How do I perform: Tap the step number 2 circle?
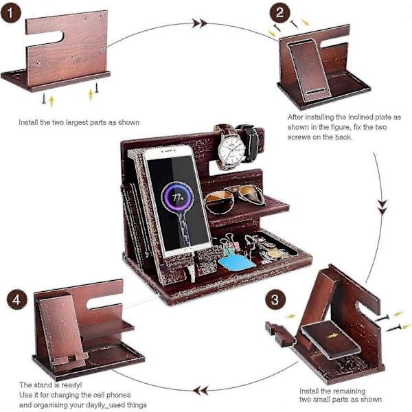pos(278,12)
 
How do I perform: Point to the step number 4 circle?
pos(16,300)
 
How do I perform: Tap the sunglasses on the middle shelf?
pos(233,198)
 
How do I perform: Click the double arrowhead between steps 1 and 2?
pos(199,23)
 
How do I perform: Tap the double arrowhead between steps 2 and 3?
pos(382,203)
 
